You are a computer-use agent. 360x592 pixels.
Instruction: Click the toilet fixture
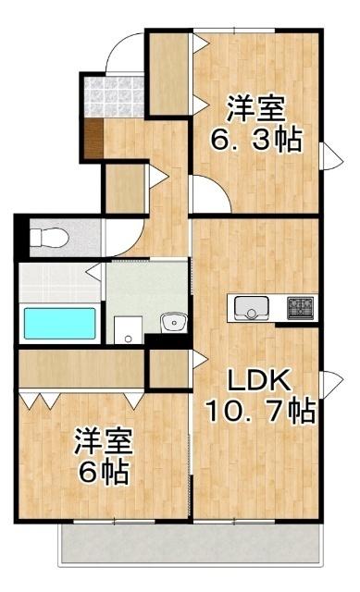click(46, 239)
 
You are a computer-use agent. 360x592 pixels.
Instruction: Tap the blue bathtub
click(59, 324)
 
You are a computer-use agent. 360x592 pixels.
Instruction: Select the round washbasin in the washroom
click(172, 323)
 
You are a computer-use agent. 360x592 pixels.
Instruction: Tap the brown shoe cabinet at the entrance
click(92, 139)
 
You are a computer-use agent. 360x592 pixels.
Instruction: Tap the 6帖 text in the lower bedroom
click(104, 474)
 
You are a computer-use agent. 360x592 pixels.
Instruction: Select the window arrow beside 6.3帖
click(326, 155)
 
